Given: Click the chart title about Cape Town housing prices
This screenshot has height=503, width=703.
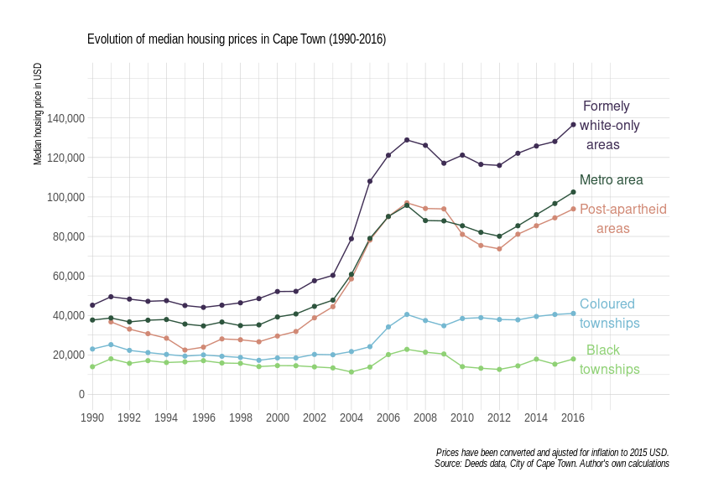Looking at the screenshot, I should tap(237, 39).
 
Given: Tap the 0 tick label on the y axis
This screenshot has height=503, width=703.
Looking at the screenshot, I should tap(81, 394).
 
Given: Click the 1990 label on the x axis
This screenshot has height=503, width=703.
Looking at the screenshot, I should tap(92, 417).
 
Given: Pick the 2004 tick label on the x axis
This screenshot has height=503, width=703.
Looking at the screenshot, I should tap(351, 417).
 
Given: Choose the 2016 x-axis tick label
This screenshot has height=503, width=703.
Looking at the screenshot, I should tap(573, 417).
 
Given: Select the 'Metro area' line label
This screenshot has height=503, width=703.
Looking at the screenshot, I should tap(611, 179).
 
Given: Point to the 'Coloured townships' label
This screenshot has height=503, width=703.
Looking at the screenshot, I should tap(609, 314).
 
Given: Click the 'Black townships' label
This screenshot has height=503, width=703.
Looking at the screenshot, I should tap(609, 360).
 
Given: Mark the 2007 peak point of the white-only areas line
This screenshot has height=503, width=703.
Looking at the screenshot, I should tap(407, 140).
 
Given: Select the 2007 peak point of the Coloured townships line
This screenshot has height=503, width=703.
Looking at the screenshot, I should tap(407, 314).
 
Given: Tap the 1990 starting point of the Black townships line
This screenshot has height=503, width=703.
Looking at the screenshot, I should tap(92, 366).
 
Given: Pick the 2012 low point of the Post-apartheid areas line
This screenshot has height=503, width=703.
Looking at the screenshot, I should tap(499, 249).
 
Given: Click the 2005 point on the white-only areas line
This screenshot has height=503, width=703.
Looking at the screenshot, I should tap(370, 181).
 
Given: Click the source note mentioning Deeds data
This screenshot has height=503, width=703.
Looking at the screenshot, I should tap(551, 464).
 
